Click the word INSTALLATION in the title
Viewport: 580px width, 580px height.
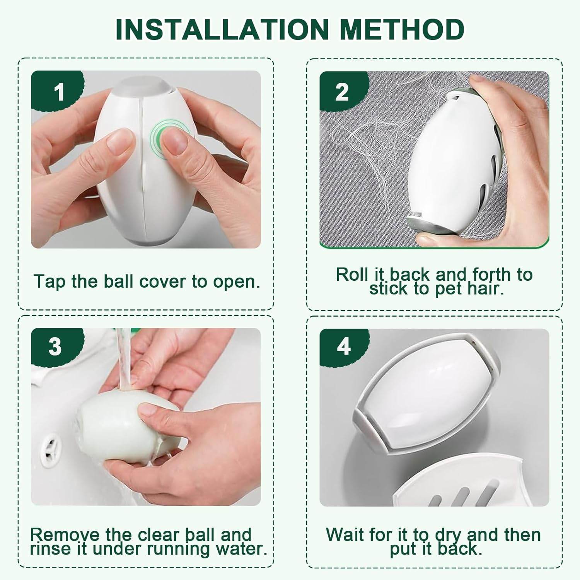(x=222, y=29)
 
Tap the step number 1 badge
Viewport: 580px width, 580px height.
(x=58, y=92)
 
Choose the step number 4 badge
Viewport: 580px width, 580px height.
(x=343, y=346)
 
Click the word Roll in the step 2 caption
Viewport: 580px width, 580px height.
(x=352, y=275)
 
